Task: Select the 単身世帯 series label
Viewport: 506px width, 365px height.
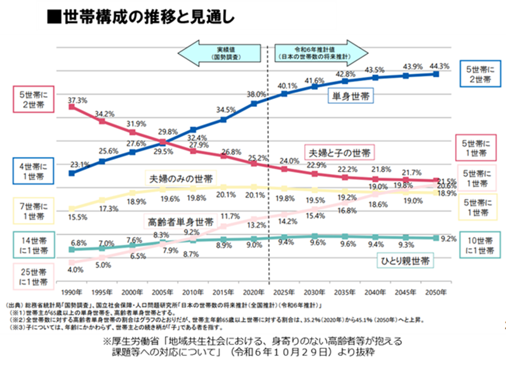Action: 351,97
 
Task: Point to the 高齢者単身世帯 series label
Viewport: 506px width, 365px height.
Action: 181,220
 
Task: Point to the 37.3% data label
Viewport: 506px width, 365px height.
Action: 77,100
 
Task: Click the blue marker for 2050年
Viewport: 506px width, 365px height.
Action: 436,74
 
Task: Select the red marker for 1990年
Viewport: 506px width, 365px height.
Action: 72,107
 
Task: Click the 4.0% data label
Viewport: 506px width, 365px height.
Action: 75,270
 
